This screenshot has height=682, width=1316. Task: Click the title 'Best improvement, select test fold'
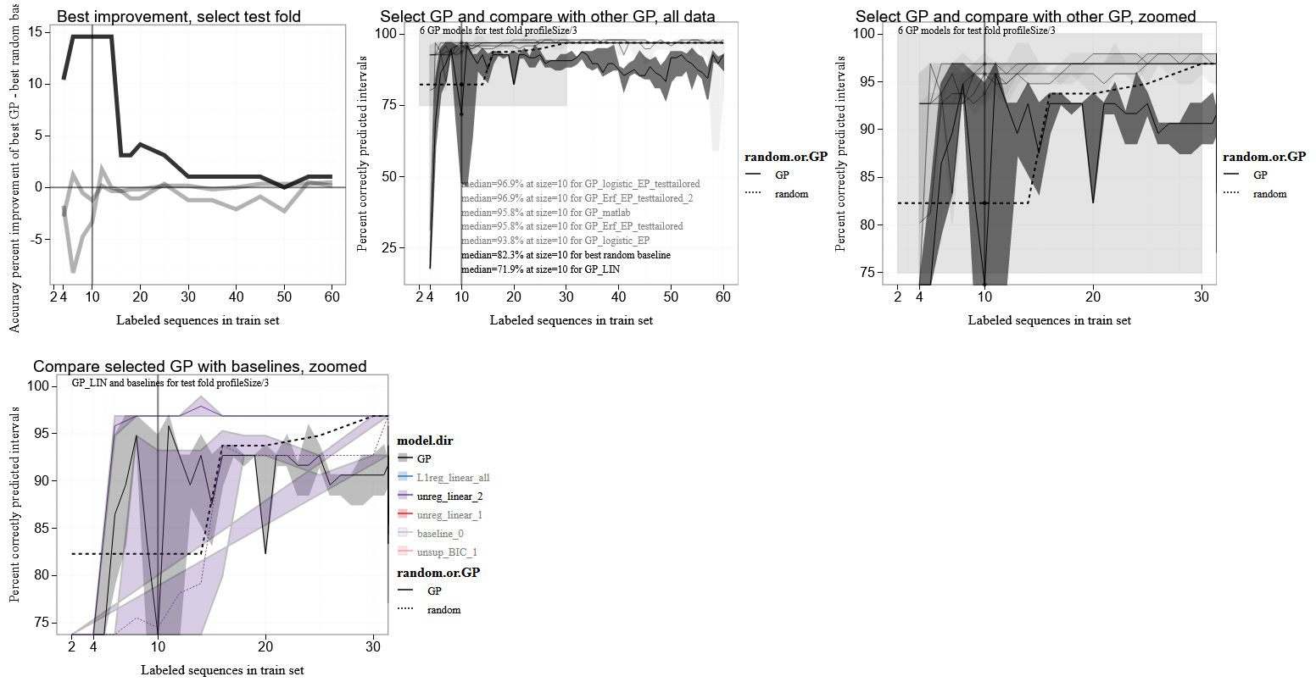[x=178, y=16]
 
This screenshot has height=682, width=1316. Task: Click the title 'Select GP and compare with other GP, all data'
[x=547, y=16]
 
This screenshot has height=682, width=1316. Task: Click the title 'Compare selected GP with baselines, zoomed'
[x=199, y=366]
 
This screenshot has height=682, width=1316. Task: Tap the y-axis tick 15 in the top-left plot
[x=35, y=32]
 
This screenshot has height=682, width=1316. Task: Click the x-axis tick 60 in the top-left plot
[x=332, y=297]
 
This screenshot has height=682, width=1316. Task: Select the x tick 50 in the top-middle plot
[x=671, y=297]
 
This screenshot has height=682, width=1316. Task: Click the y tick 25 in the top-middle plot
[x=390, y=248]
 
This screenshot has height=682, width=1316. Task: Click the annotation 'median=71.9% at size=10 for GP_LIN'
[x=540, y=269]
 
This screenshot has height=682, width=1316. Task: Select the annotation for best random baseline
[x=566, y=255]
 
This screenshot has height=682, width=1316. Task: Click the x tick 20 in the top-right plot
[x=1093, y=297]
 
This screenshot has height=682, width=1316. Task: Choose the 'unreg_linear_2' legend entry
[x=449, y=496]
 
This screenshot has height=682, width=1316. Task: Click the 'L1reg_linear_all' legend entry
[x=453, y=478]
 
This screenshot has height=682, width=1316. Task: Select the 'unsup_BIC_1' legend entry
[x=447, y=552]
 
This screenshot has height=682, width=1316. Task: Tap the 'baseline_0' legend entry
[x=440, y=534]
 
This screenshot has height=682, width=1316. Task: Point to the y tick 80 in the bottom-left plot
[x=39, y=575]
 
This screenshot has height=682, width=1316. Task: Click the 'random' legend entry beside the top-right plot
[x=1269, y=194]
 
